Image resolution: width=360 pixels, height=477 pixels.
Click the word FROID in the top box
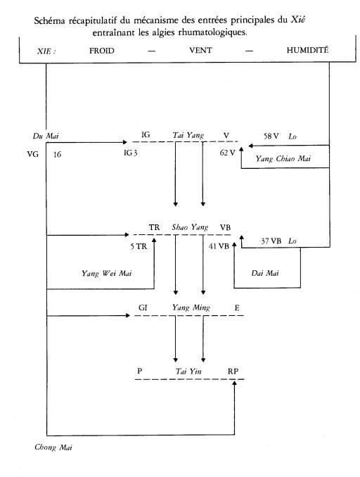click(x=101, y=51)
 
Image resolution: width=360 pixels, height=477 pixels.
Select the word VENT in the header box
click(x=200, y=50)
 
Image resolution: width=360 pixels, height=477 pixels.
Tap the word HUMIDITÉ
click(x=307, y=50)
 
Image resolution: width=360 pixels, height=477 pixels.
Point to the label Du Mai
click(x=46, y=136)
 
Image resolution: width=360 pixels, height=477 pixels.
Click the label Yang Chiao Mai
click(x=283, y=158)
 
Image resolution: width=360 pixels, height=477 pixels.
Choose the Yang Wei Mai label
click(x=106, y=273)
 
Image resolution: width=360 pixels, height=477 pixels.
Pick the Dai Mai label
click(x=265, y=273)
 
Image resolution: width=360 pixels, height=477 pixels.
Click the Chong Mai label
click(x=53, y=447)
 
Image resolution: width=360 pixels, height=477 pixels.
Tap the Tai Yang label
click(x=188, y=135)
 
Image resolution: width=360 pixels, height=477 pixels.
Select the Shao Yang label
click(x=190, y=227)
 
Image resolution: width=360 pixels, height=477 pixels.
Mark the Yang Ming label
click(x=191, y=307)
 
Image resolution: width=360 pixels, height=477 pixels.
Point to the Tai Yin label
click(x=188, y=371)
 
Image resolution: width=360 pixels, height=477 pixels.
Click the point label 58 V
click(x=271, y=136)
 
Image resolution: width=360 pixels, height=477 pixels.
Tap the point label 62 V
click(x=227, y=153)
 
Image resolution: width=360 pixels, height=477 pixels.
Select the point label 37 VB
click(x=271, y=241)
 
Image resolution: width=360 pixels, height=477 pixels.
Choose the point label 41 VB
click(x=219, y=246)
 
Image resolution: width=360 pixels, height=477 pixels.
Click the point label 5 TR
click(x=139, y=246)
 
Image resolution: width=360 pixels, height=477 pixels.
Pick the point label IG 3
click(x=131, y=153)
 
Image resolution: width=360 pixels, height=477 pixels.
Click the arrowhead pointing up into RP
click(x=234, y=383)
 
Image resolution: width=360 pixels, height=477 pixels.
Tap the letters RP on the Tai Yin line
click(x=233, y=371)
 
